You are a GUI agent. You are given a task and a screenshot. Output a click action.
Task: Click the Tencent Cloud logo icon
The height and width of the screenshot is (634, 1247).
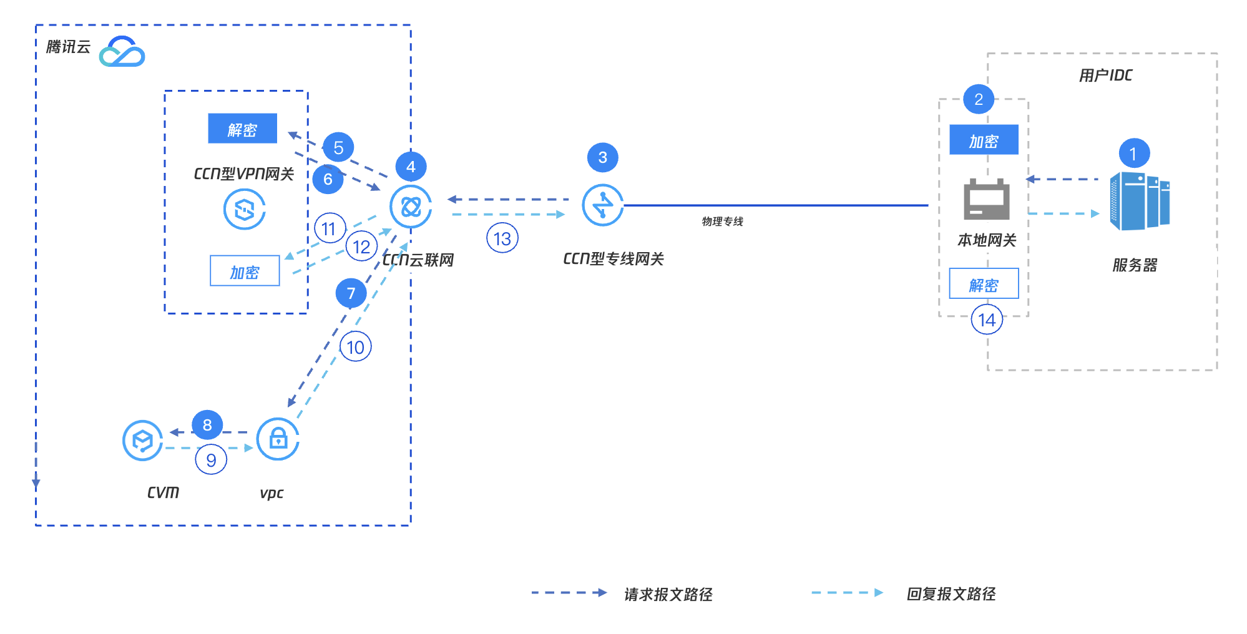click(x=122, y=52)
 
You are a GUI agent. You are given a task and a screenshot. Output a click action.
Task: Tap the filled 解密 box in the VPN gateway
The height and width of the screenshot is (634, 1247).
click(x=242, y=129)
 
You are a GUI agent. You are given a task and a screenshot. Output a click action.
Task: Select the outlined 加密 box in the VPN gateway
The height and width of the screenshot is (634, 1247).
click(x=245, y=271)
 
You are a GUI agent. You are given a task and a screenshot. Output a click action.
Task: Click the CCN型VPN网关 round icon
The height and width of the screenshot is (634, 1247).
click(x=245, y=209)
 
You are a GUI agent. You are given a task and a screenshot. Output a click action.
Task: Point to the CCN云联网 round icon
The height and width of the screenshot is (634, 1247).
click(x=411, y=207)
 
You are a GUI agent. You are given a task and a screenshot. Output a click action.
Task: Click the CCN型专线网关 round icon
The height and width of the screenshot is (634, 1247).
click(x=602, y=205)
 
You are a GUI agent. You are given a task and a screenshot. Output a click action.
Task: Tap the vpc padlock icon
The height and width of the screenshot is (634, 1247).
click(x=278, y=439)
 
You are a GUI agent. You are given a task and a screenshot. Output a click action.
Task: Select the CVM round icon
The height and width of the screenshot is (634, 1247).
click(x=143, y=441)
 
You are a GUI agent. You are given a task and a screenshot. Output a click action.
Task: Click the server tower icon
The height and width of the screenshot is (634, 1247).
click(x=1140, y=201)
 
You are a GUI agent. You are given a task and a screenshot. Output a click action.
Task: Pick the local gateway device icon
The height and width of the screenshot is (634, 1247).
click(x=986, y=200)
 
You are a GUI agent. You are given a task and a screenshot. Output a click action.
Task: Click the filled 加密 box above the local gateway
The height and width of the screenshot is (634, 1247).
click(x=984, y=140)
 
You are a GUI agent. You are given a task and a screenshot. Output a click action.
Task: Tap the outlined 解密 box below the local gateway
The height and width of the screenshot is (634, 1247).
click(x=984, y=284)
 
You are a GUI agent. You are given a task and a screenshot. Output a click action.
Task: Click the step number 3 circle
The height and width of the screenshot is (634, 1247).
click(x=602, y=157)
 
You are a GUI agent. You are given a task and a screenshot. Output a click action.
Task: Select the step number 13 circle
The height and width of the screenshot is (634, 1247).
click(x=502, y=238)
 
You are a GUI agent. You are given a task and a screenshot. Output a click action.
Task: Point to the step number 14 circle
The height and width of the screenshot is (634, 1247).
click(x=987, y=319)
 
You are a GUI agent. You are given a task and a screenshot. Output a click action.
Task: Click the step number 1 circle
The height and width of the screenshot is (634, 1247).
click(x=1133, y=154)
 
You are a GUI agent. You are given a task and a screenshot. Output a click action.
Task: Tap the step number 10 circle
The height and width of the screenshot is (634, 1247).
click(x=355, y=347)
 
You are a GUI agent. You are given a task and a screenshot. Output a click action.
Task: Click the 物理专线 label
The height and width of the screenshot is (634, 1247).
click(x=722, y=222)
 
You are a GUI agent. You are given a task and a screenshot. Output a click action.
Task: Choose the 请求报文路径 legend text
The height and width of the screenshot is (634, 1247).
click(x=668, y=594)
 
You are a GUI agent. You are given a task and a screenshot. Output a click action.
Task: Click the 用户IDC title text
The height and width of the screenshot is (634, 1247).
click(x=1105, y=76)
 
